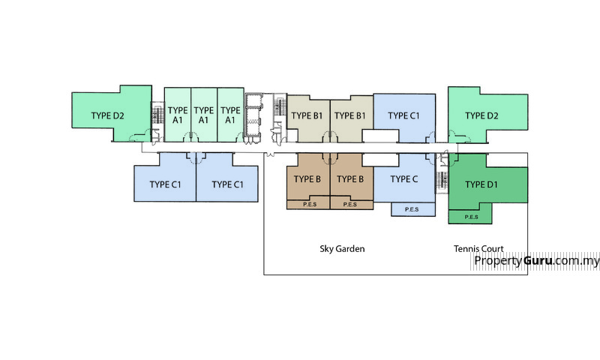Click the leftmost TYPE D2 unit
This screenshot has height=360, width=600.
pyautogui.click(x=109, y=115)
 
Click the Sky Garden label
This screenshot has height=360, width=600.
pyautogui.click(x=342, y=248)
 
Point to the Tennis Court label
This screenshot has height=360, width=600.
pyautogui.click(x=478, y=248)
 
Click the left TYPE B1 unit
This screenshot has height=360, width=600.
pyautogui.click(x=307, y=115)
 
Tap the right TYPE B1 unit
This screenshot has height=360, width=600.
pyautogui.click(x=350, y=115)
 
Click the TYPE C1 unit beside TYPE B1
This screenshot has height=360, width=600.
pyautogui.click(x=403, y=115)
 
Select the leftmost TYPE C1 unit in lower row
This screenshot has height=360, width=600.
pyautogui.click(x=165, y=184)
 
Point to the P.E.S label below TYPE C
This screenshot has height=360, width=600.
pyautogui.click(x=412, y=210)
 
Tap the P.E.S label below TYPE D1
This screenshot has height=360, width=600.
pyautogui.click(x=471, y=217)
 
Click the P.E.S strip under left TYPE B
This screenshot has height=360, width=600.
pyautogui.click(x=308, y=204)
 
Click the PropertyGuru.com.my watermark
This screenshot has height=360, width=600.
pyautogui.click(x=537, y=261)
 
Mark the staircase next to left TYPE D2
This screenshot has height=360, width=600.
pyautogui.click(x=157, y=115)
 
